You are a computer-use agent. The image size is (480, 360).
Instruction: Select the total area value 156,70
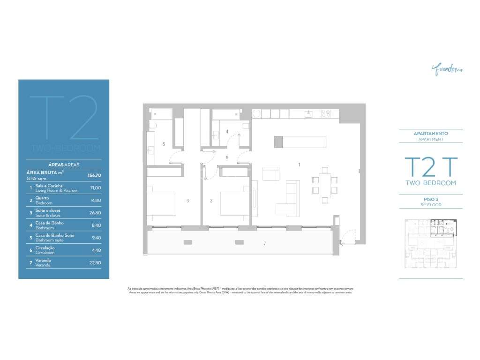(x=94, y=175)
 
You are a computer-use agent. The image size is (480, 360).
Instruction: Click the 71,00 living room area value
(x=95, y=187)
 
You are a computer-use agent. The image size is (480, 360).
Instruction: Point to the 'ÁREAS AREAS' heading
(x=64, y=165)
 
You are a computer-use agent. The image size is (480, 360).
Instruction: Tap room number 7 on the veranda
(x=264, y=243)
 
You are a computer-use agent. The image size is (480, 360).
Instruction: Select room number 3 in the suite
(x=187, y=201)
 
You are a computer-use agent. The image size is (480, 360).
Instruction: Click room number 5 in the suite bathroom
(x=164, y=144)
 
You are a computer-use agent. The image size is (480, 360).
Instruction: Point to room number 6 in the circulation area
(x=227, y=157)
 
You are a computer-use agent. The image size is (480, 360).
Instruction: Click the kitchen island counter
(x=300, y=142)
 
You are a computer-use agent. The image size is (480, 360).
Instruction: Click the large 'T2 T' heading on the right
(x=430, y=166)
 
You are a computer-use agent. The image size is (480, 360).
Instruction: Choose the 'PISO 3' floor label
(x=430, y=199)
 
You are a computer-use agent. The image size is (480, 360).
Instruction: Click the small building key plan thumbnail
(x=430, y=244)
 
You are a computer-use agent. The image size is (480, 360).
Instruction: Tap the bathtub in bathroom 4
(x=226, y=114)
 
